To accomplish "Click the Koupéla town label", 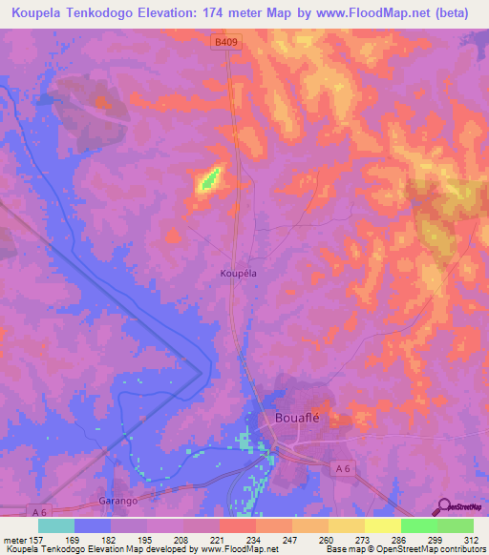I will click(240, 272).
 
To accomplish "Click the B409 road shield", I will click(223, 40).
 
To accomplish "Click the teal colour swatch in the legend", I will click(56, 525).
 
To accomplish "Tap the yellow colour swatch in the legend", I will click(382, 525).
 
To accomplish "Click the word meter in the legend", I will click(16, 540).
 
